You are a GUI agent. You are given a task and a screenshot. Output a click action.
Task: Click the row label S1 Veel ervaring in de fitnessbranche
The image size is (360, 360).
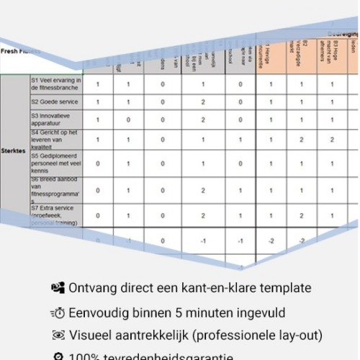56,84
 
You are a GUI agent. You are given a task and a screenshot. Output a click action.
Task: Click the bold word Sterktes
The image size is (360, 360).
14,151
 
